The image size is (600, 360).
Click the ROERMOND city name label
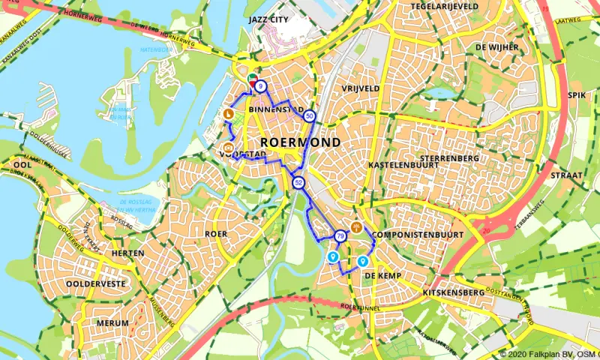[300, 142]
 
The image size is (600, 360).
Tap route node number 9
[260, 87]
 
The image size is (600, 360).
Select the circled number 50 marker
[310, 115]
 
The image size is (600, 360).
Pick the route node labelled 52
[298, 182]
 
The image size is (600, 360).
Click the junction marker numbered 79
[340, 236]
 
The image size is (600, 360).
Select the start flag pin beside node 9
[252, 79]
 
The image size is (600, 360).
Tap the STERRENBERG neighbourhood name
[450, 159]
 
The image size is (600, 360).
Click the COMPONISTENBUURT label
[418, 235]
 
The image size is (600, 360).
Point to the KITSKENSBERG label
[453, 291]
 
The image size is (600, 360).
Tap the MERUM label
[113, 323]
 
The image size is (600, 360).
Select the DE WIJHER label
[496, 46]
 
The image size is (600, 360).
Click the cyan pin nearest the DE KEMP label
[363, 261]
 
